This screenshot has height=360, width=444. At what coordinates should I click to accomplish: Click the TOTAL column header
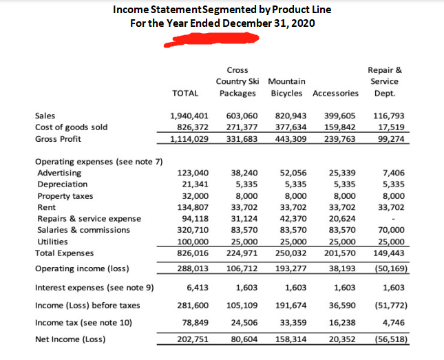coord(185,93)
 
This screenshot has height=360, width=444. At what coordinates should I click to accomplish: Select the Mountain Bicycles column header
coord(287,87)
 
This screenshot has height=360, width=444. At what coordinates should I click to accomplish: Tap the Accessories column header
coord(335,93)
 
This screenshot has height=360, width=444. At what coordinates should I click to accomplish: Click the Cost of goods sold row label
coord(71,127)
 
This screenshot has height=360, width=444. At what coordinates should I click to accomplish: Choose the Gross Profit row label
coord(58,139)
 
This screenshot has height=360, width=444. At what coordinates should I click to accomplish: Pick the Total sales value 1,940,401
coord(188,116)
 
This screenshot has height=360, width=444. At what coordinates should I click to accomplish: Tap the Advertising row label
coord(59,173)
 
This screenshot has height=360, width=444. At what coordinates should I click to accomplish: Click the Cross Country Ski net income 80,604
coord(241,339)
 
